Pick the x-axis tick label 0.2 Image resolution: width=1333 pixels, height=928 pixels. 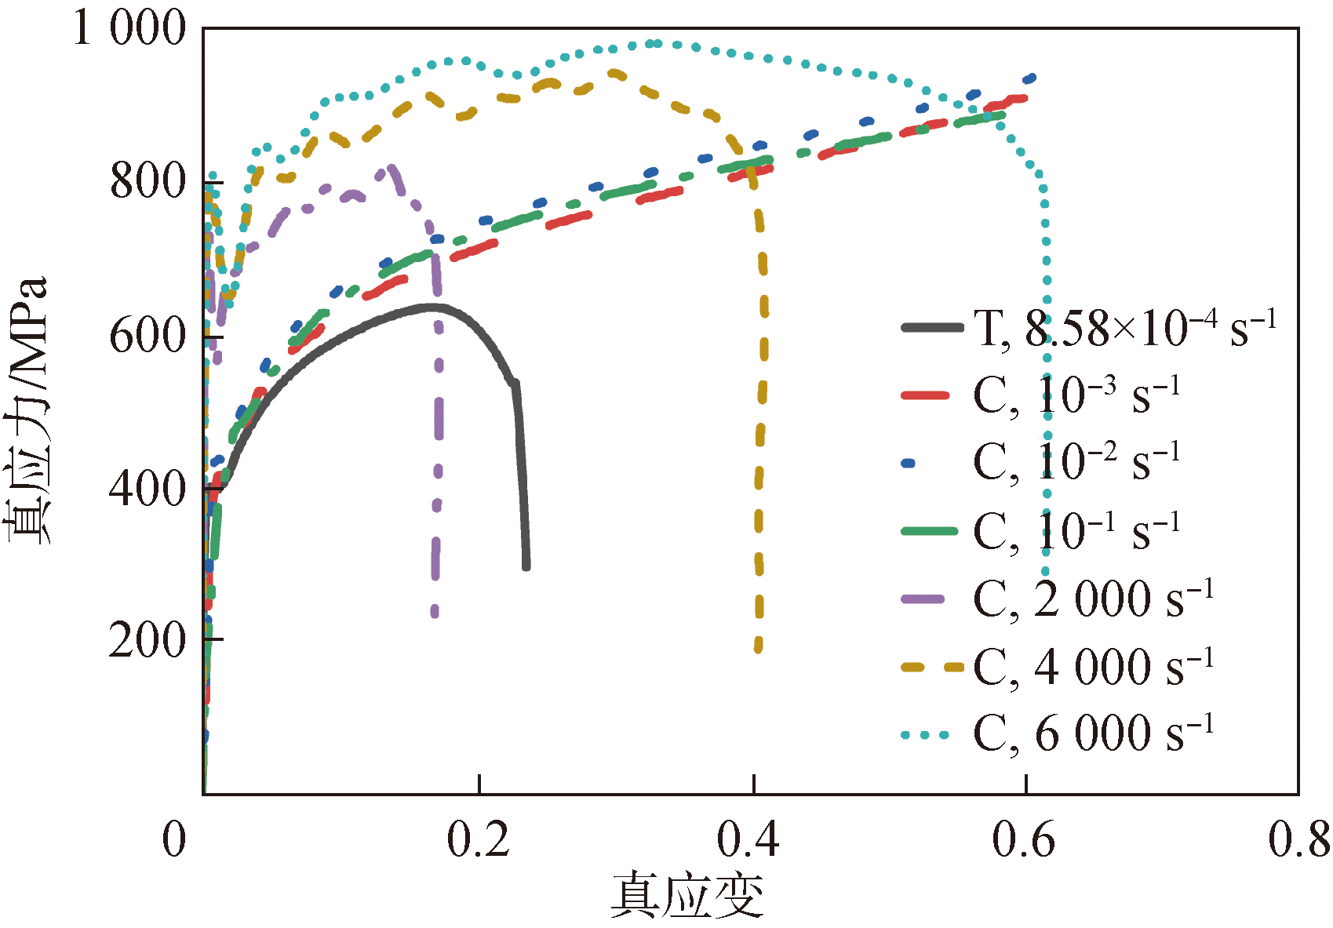(x=478, y=839)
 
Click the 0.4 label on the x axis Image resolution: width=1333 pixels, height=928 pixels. (x=748, y=839)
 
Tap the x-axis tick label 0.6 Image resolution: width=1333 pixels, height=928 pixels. (x=1023, y=839)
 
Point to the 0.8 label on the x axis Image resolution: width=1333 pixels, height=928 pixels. (x=1298, y=839)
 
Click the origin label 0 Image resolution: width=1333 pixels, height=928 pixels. (x=174, y=839)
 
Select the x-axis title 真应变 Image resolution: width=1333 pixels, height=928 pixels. (x=687, y=895)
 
